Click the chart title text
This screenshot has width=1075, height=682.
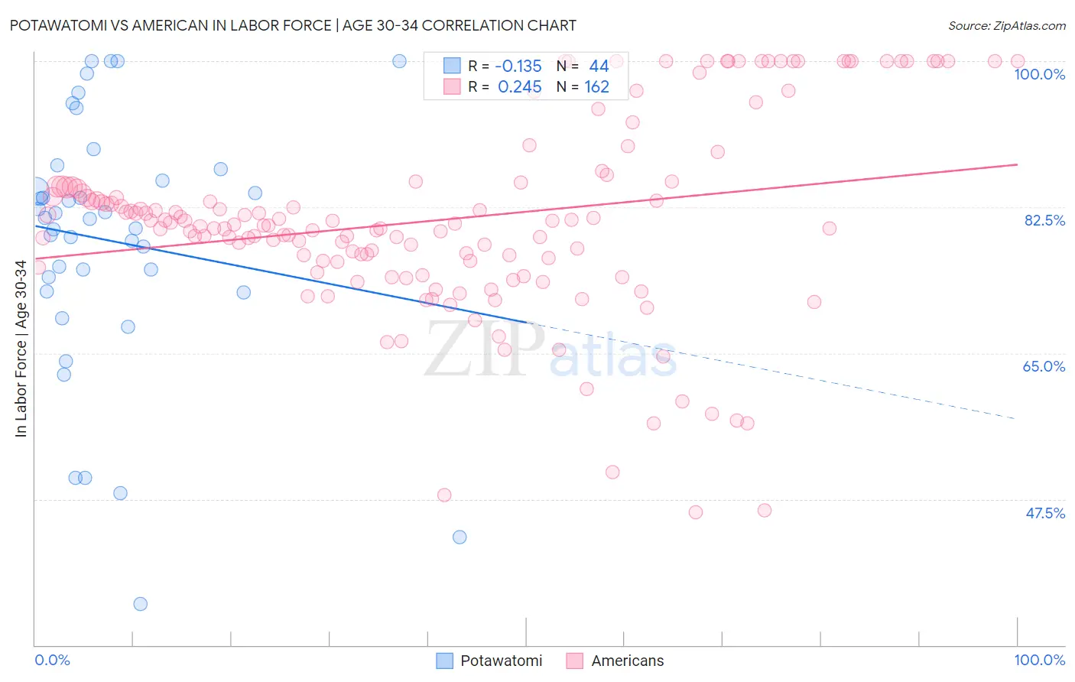click(x=293, y=25)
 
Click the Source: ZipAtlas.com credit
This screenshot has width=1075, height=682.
click(x=1006, y=25)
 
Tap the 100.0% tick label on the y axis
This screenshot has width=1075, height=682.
click(x=1039, y=74)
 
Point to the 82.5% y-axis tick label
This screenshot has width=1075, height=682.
click(x=1044, y=220)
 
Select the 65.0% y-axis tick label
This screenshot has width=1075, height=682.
click(x=1044, y=366)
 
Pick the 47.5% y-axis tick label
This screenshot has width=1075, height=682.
click(x=1044, y=513)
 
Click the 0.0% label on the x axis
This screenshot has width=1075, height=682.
click(x=52, y=660)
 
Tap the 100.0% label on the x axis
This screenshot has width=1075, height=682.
click(x=1039, y=660)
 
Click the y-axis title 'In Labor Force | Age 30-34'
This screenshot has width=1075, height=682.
click(x=21, y=349)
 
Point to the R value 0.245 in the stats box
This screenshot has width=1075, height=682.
click(x=519, y=87)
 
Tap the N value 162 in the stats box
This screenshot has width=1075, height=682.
click(x=596, y=87)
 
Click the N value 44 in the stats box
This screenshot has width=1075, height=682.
click(x=599, y=67)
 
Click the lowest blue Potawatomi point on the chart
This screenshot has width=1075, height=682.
click(x=141, y=604)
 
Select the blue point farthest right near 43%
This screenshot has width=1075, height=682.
click(x=460, y=537)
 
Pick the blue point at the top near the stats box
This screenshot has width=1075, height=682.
click(x=399, y=61)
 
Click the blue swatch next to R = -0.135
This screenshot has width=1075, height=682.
click(x=452, y=67)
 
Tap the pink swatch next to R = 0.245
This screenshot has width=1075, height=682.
click(x=452, y=87)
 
